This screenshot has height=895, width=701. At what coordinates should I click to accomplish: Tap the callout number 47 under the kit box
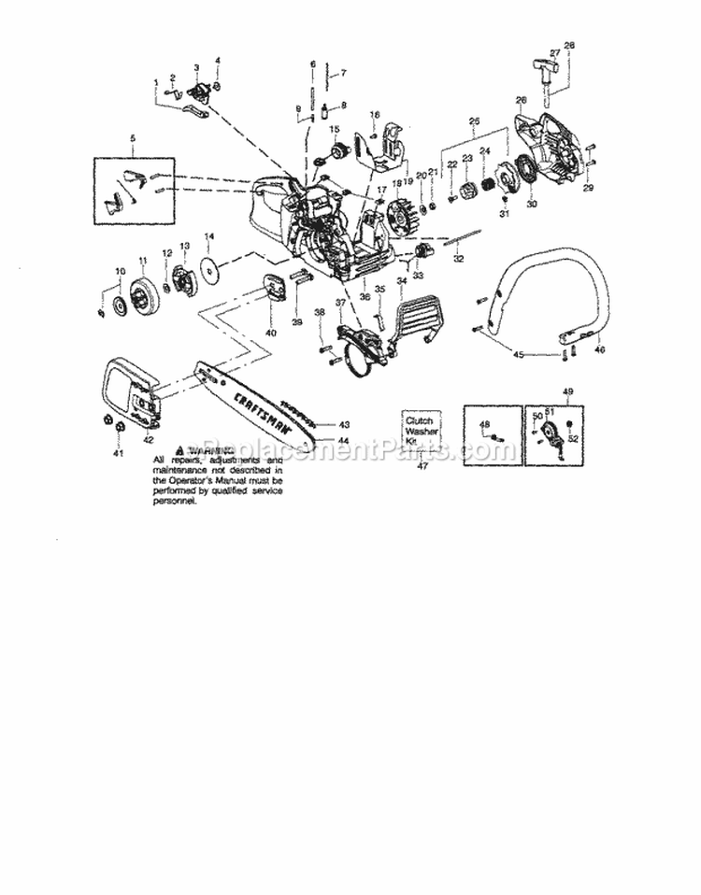(x=422, y=466)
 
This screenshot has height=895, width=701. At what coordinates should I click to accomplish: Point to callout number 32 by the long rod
(x=457, y=259)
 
